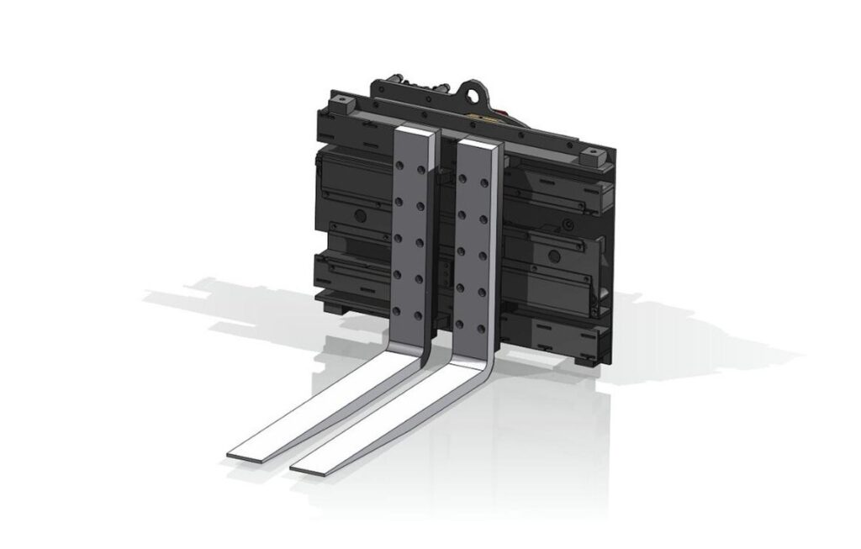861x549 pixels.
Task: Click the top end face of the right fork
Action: [x=480, y=140]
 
